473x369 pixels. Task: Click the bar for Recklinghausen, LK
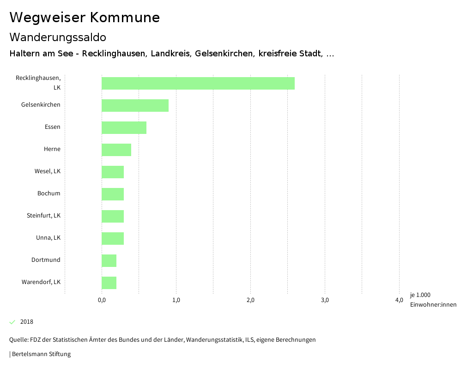(x=198, y=84)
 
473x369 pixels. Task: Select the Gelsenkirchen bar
(x=135, y=105)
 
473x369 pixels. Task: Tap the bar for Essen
(x=124, y=127)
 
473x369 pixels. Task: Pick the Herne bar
(x=116, y=150)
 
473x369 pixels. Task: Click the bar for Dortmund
(x=109, y=260)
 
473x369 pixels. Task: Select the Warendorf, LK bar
(x=109, y=283)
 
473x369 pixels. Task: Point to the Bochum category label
(x=49, y=194)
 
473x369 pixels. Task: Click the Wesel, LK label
(x=48, y=171)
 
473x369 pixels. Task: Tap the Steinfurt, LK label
(x=44, y=216)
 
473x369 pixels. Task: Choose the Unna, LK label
(x=49, y=238)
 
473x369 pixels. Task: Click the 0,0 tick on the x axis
(x=102, y=300)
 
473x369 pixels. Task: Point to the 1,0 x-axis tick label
(x=176, y=300)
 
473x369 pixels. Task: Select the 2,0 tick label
(x=250, y=300)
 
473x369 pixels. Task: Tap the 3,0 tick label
(x=325, y=300)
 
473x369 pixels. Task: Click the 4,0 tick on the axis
(x=399, y=300)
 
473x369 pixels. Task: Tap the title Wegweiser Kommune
(x=85, y=18)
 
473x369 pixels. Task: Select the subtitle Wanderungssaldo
(x=58, y=37)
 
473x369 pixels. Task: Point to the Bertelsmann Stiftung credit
(x=41, y=354)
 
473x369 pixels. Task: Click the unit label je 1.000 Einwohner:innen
(x=433, y=300)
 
